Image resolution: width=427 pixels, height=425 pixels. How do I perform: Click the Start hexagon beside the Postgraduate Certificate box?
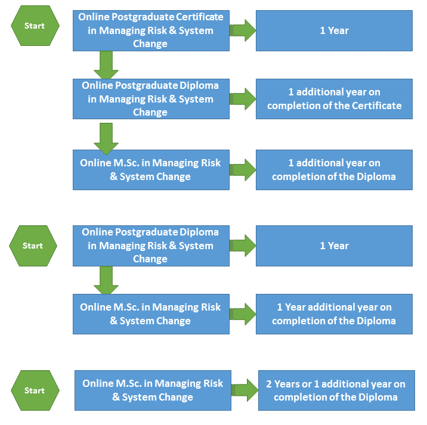coord(35,26)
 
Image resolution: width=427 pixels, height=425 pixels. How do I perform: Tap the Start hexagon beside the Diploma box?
coord(33,246)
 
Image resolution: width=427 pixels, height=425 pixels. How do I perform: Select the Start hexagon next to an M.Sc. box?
coord(35,390)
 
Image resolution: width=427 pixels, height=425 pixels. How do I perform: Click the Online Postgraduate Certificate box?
coord(151,30)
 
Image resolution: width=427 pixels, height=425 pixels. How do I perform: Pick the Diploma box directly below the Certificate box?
coord(151,99)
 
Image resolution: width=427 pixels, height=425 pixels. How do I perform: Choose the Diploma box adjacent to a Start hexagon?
coord(151,246)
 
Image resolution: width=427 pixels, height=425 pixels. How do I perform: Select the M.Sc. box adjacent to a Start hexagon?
coord(153,390)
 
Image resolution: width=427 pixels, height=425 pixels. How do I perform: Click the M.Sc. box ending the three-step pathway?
coord(151,170)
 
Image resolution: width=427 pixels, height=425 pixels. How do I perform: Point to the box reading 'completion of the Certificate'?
coord(334,99)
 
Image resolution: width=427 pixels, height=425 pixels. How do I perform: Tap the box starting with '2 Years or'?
coord(336,390)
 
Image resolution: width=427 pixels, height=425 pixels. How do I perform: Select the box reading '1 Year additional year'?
coord(334,314)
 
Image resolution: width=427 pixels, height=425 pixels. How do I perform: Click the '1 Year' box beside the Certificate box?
coord(334,30)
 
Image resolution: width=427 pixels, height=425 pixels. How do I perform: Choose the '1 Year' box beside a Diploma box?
coord(334,246)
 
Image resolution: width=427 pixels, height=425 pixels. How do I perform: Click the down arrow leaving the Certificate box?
coord(106,64)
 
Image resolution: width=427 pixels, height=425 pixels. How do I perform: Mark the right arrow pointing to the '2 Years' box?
coord(245,390)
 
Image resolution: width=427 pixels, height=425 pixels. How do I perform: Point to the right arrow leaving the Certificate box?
coord(243,30)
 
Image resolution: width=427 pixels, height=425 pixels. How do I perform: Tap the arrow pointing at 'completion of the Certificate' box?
coord(243,99)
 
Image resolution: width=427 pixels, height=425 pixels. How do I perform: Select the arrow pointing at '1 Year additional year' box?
coord(243,314)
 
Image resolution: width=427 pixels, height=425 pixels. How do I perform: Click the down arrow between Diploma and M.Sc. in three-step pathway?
coord(106,138)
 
